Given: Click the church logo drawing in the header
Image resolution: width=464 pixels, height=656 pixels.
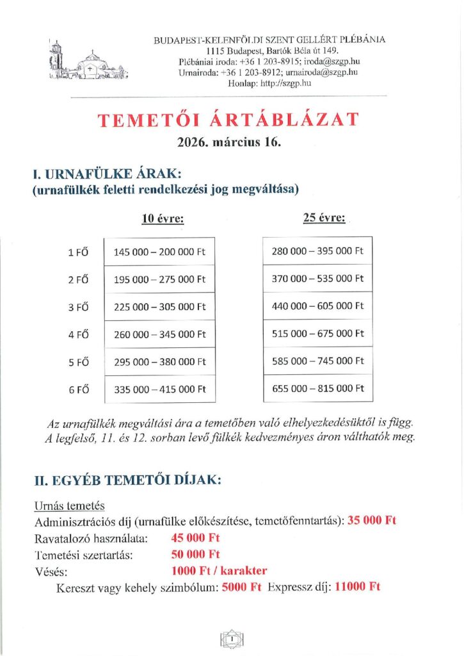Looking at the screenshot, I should point(88,61).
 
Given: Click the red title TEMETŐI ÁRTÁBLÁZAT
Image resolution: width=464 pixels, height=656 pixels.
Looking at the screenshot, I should point(228,121).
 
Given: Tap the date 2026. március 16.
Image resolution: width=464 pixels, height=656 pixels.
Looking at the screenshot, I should point(229,142).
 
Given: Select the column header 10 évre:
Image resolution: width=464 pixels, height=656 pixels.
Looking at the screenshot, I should point(163,218).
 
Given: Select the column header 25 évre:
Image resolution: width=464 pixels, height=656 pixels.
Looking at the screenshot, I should point(324,218).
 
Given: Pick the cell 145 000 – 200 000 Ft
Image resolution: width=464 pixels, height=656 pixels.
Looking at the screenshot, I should point(160,252).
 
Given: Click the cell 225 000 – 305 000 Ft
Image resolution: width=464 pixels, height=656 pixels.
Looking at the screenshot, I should point(160,307).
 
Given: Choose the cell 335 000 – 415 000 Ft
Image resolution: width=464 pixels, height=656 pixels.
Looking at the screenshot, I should point(160,389).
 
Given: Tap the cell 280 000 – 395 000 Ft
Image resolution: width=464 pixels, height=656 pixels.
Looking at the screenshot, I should point(317,250).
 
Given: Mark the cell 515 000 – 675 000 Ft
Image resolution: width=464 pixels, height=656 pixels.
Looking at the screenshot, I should point(317,333).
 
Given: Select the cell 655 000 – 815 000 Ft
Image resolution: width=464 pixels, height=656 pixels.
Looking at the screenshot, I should point(317,388).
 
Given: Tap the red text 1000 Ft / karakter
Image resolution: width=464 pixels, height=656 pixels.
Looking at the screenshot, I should point(219,570).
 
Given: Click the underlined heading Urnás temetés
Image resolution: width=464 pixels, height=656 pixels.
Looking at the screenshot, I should point(70,506).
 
